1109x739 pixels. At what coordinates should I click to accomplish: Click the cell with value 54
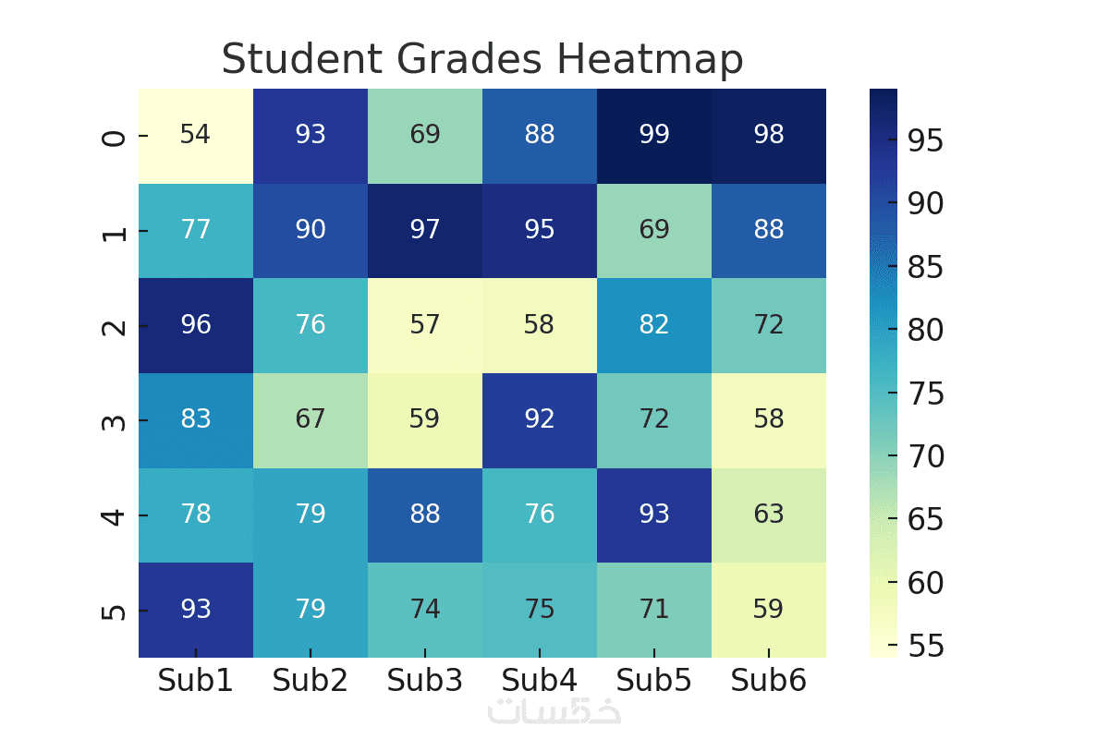(196, 135)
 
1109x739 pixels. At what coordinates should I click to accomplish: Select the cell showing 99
(654, 135)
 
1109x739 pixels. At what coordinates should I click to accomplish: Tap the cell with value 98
(769, 135)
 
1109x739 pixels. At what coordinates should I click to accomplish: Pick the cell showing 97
(425, 229)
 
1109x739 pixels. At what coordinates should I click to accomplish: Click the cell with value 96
(196, 324)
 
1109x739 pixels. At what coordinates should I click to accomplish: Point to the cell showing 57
(425, 324)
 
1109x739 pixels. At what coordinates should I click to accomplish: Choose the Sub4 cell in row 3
(540, 419)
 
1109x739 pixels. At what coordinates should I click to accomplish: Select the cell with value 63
(769, 514)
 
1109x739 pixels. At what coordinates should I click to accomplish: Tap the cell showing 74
(425, 609)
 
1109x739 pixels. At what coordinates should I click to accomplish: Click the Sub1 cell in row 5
(196, 609)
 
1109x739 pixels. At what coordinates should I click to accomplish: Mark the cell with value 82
(654, 324)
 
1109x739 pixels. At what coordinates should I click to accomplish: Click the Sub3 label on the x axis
(425, 681)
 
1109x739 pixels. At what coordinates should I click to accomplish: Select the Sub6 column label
(769, 681)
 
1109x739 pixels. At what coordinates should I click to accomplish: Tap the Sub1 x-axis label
(196, 681)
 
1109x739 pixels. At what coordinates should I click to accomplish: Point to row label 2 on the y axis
(114, 324)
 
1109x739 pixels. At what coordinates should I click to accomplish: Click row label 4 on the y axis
(114, 514)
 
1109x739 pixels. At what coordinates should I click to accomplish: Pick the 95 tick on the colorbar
(924, 140)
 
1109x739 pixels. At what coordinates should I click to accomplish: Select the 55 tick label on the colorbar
(924, 647)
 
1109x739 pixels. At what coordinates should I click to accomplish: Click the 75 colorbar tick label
(924, 394)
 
